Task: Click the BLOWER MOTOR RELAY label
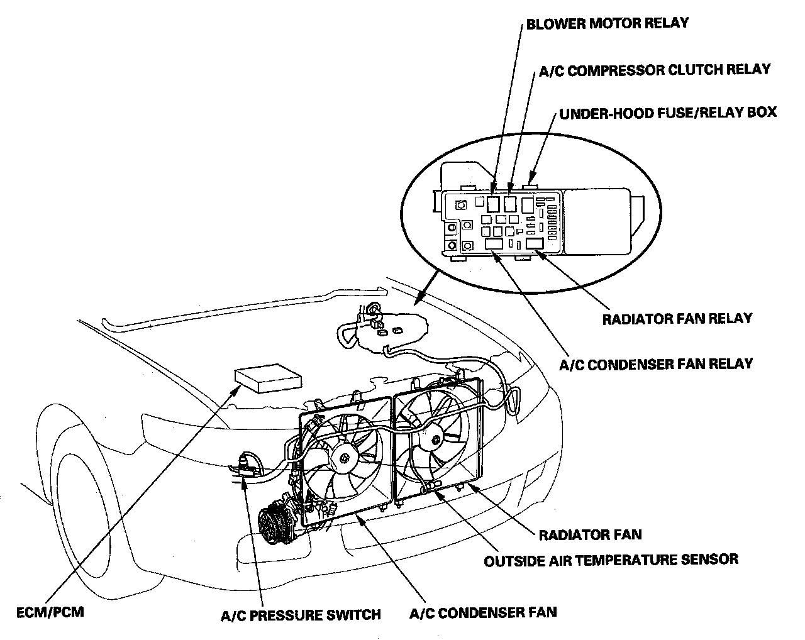pos(607,24)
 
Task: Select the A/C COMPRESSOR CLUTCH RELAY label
pos(655,69)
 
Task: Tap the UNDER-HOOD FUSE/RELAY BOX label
pos(668,113)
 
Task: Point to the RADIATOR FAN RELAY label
pos(677,318)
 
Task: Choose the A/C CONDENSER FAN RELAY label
pos(656,363)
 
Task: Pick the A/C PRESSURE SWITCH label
pos(301,614)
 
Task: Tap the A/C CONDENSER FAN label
pos(483,612)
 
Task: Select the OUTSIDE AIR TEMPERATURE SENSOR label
pos(611,559)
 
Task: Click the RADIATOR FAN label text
pos(591,535)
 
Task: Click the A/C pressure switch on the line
pos(247,466)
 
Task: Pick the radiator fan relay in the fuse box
pos(535,244)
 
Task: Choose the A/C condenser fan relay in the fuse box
pos(494,244)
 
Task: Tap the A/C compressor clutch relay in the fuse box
pos(510,203)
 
